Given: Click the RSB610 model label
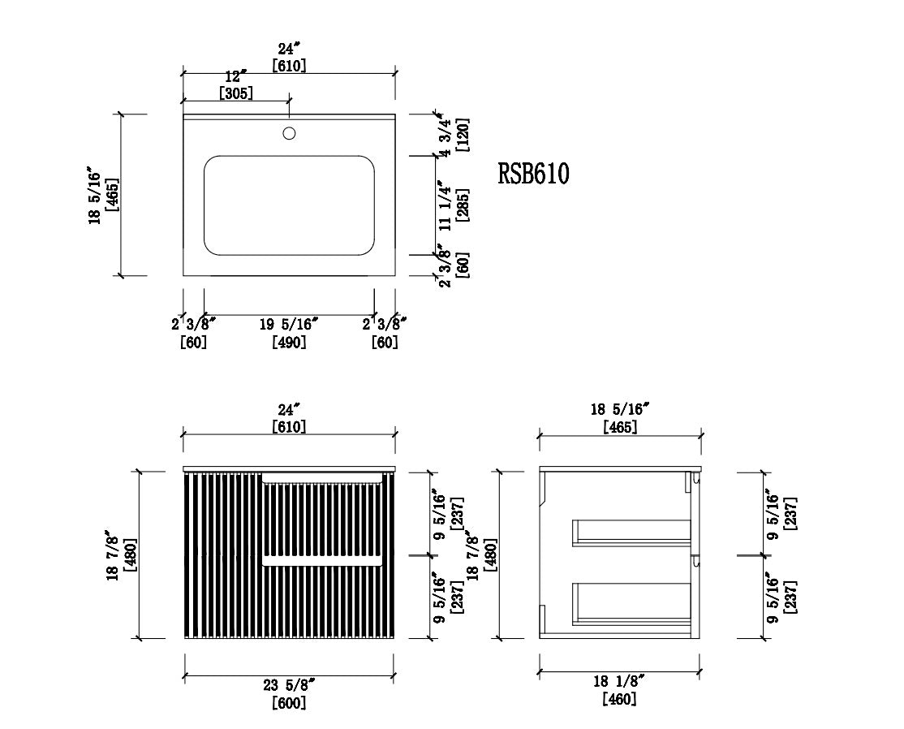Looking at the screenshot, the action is click(x=533, y=174).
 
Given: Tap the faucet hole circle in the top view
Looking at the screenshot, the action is click(x=289, y=134).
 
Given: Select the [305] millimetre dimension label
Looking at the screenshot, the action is click(x=236, y=93).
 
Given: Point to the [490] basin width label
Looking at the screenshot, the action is click(x=289, y=342).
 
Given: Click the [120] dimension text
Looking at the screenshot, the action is click(x=463, y=135).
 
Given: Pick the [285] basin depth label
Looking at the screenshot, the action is click(x=463, y=205).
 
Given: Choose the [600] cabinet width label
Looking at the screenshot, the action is click(x=289, y=703).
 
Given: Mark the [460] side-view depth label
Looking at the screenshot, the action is click(x=619, y=699).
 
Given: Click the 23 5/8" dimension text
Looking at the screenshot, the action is click(x=289, y=685).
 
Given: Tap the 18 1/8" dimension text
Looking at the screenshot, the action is click(x=618, y=681).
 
